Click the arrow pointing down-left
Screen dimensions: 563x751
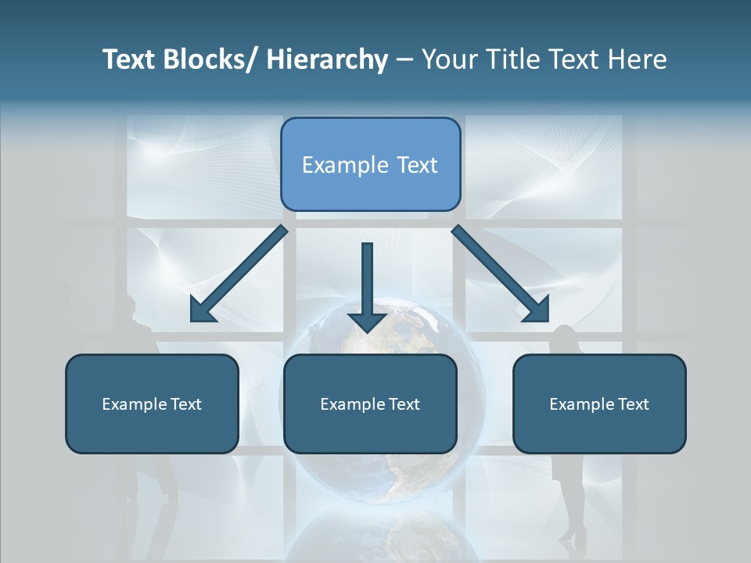239,274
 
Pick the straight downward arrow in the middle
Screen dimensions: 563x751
367,285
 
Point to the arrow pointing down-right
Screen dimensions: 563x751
501,274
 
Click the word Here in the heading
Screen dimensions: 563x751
637,59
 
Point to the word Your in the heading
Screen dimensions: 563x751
447,59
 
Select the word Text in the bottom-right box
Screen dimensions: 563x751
631,404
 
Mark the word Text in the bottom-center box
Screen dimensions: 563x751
402,404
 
